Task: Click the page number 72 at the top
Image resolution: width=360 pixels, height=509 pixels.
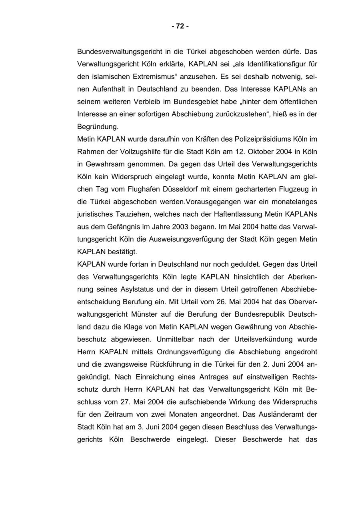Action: tap(180, 26)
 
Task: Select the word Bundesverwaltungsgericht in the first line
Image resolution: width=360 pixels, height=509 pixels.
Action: tap(116, 52)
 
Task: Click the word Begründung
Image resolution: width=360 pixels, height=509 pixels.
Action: tap(98, 127)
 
